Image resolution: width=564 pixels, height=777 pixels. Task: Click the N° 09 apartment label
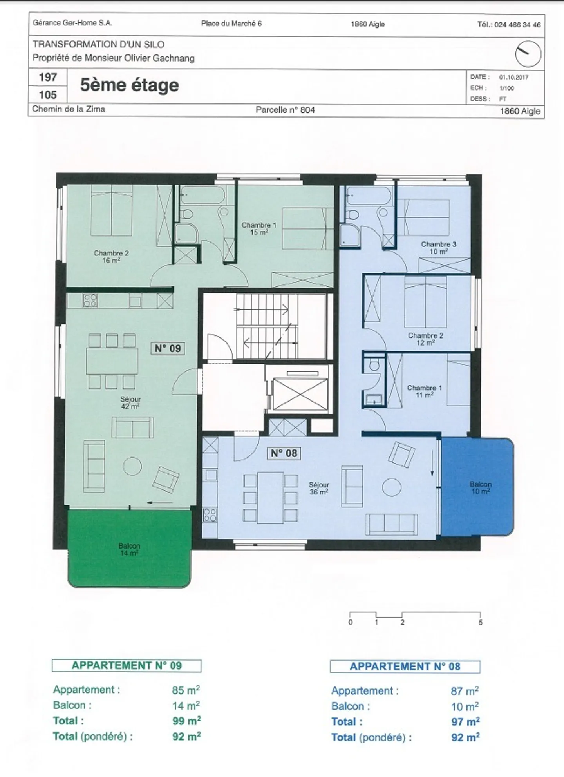point(168,348)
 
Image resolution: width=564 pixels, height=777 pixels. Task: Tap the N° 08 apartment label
point(284,453)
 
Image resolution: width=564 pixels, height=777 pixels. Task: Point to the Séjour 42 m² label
point(130,402)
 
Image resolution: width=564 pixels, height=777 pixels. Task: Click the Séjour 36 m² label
point(319,488)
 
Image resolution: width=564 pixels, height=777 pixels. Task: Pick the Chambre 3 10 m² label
point(438,248)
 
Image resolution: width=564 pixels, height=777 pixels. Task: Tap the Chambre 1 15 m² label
point(259,228)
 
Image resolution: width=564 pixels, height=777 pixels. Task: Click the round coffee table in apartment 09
point(132,466)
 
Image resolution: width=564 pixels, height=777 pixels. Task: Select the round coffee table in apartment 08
point(392,487)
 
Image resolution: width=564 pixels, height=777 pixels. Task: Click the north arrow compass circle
point(528,54)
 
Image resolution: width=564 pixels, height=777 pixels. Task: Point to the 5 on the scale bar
point(481,622)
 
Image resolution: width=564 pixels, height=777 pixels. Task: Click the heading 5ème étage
point(129,85)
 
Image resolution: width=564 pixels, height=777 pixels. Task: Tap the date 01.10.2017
point(513,77)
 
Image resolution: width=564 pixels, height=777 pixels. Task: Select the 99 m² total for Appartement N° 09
point(186,721)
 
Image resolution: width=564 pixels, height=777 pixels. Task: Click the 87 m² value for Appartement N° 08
point(465,691)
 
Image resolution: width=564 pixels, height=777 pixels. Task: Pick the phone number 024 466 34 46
point(517,25)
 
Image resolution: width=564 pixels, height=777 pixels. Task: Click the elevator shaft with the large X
point(300,394)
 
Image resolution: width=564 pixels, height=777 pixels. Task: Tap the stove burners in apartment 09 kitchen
point(90,301)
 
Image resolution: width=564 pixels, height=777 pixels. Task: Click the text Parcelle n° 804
point(285,110)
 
